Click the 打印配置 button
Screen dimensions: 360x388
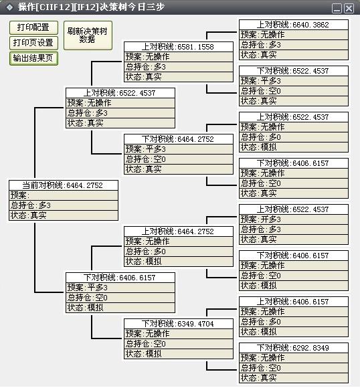33,27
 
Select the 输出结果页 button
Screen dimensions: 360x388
33,58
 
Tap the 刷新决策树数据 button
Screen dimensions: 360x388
88,35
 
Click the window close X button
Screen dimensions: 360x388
349,9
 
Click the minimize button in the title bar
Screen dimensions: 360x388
337,9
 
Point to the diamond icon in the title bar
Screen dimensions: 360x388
9,7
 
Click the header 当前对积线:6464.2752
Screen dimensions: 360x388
64,185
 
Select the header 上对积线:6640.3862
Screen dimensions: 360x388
294,25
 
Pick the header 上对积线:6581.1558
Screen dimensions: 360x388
179,47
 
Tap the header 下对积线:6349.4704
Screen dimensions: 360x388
179,324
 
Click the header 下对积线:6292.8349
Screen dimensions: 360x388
294,348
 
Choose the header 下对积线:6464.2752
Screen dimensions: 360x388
179,139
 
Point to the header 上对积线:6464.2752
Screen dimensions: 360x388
179,231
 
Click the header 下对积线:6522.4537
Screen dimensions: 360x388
294,71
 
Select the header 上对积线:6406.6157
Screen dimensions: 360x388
294,302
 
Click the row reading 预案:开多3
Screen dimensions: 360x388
294,219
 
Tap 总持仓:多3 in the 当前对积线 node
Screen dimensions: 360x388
64,205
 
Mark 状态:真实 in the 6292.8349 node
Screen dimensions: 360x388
294,378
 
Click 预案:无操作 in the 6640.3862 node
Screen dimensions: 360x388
294,35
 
